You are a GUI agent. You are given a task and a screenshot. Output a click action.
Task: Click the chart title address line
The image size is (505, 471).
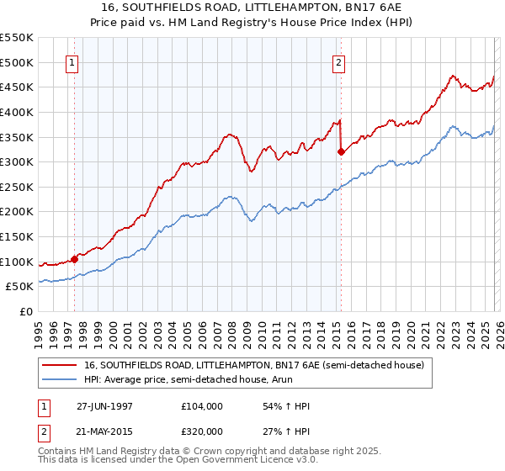pyautogui.click(x=252, y=8)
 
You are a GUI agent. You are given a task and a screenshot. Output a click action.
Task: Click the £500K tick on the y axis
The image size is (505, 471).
pyautogui.click(x=17, y=62)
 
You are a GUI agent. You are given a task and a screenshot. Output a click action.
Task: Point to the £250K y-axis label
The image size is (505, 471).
pyautogui.click(x=17, y=188)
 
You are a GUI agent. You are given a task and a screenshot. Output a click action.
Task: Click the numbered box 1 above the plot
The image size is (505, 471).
pyautogui.click(x=72, y=62)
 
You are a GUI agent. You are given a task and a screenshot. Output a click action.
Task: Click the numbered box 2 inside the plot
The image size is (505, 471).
pyautogui.click(x=338, y=62)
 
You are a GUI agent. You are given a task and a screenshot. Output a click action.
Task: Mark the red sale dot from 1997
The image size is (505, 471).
pyautogui.click(x=74, y=259)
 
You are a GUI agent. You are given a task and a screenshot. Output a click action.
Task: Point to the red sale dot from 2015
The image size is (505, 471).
pyautogui.click(x=341, y=152)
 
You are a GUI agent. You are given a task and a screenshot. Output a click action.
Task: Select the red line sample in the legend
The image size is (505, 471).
pyautogui.click(x=60, y=365)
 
